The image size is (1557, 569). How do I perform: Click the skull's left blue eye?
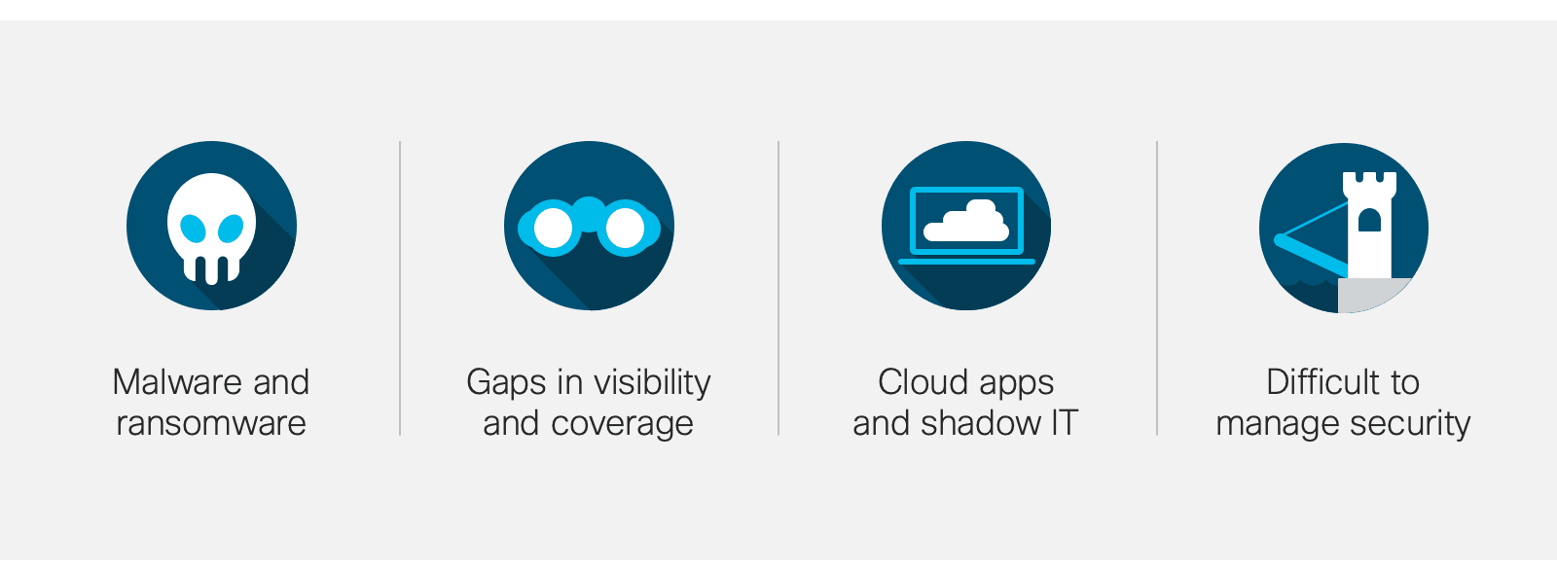193,228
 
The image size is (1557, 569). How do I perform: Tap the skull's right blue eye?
231,228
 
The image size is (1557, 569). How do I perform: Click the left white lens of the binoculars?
553,228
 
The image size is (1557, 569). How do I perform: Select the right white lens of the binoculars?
625,228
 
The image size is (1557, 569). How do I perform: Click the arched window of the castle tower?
1369,220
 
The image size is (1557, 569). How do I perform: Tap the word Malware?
176,382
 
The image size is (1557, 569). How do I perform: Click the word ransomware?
211,423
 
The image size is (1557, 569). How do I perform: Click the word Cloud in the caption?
923,382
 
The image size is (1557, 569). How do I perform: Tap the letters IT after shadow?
1064,423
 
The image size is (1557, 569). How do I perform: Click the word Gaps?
506,384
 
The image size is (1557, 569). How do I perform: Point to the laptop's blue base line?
966,262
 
